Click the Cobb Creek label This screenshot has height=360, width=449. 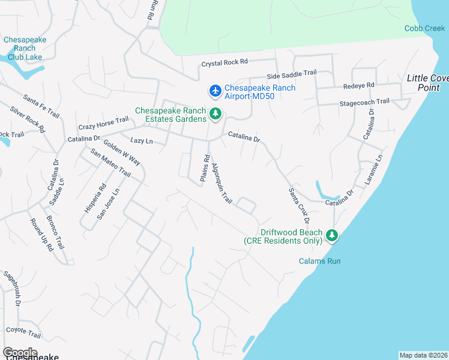coord(424,28)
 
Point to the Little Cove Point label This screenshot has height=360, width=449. coord(428,83)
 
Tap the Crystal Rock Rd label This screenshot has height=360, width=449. coord(224,62)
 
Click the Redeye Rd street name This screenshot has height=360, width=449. coord(358,86)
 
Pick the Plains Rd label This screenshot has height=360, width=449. coord(206,167)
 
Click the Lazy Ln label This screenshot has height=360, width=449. coord(142,141)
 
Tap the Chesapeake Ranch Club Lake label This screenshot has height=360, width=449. coord(24,49)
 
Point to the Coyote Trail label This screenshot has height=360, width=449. coord(23,330)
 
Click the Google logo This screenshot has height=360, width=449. coord(20,352)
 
